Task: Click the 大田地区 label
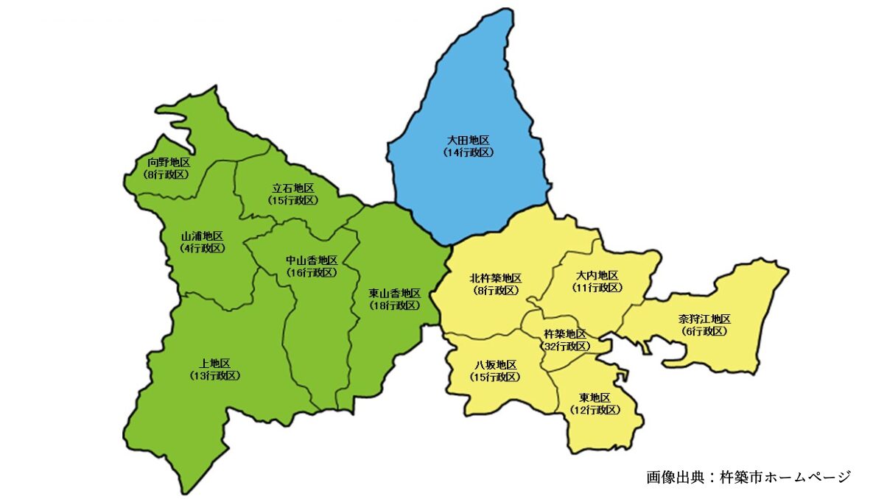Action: click(468, 140)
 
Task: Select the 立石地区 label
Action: click(293, 188)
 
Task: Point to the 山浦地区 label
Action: click(202, 236)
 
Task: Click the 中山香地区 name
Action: click(312, 260)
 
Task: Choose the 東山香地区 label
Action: click(395, 293)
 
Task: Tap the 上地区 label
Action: click(215, 364)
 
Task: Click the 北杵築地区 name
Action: click(496, 278)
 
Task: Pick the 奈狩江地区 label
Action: click(704, 319)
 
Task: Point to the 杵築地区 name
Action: click(565, 334)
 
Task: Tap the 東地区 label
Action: click(595, 398)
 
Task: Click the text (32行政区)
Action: click(565, 346)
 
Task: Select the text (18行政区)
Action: click(395, 305)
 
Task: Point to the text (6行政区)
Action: click(704, 331)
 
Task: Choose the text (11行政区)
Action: click(597, 287)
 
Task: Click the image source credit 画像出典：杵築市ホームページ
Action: click(748, 476)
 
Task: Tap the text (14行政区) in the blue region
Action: click(468, 152)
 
